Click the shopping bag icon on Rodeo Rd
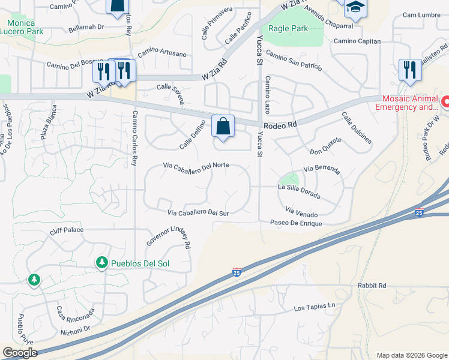point(223,127)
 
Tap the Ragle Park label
point(288,28)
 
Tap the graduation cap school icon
point(355,8)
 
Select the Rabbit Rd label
point(372,286)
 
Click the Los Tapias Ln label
point(314,307)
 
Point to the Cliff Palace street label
point(67,230)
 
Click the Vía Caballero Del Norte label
point(196,166)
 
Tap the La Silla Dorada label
point(298,191)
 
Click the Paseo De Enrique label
point(296,223)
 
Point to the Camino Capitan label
point(357,41)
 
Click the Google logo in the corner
point(20,353)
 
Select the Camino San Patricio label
point(294,62)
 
